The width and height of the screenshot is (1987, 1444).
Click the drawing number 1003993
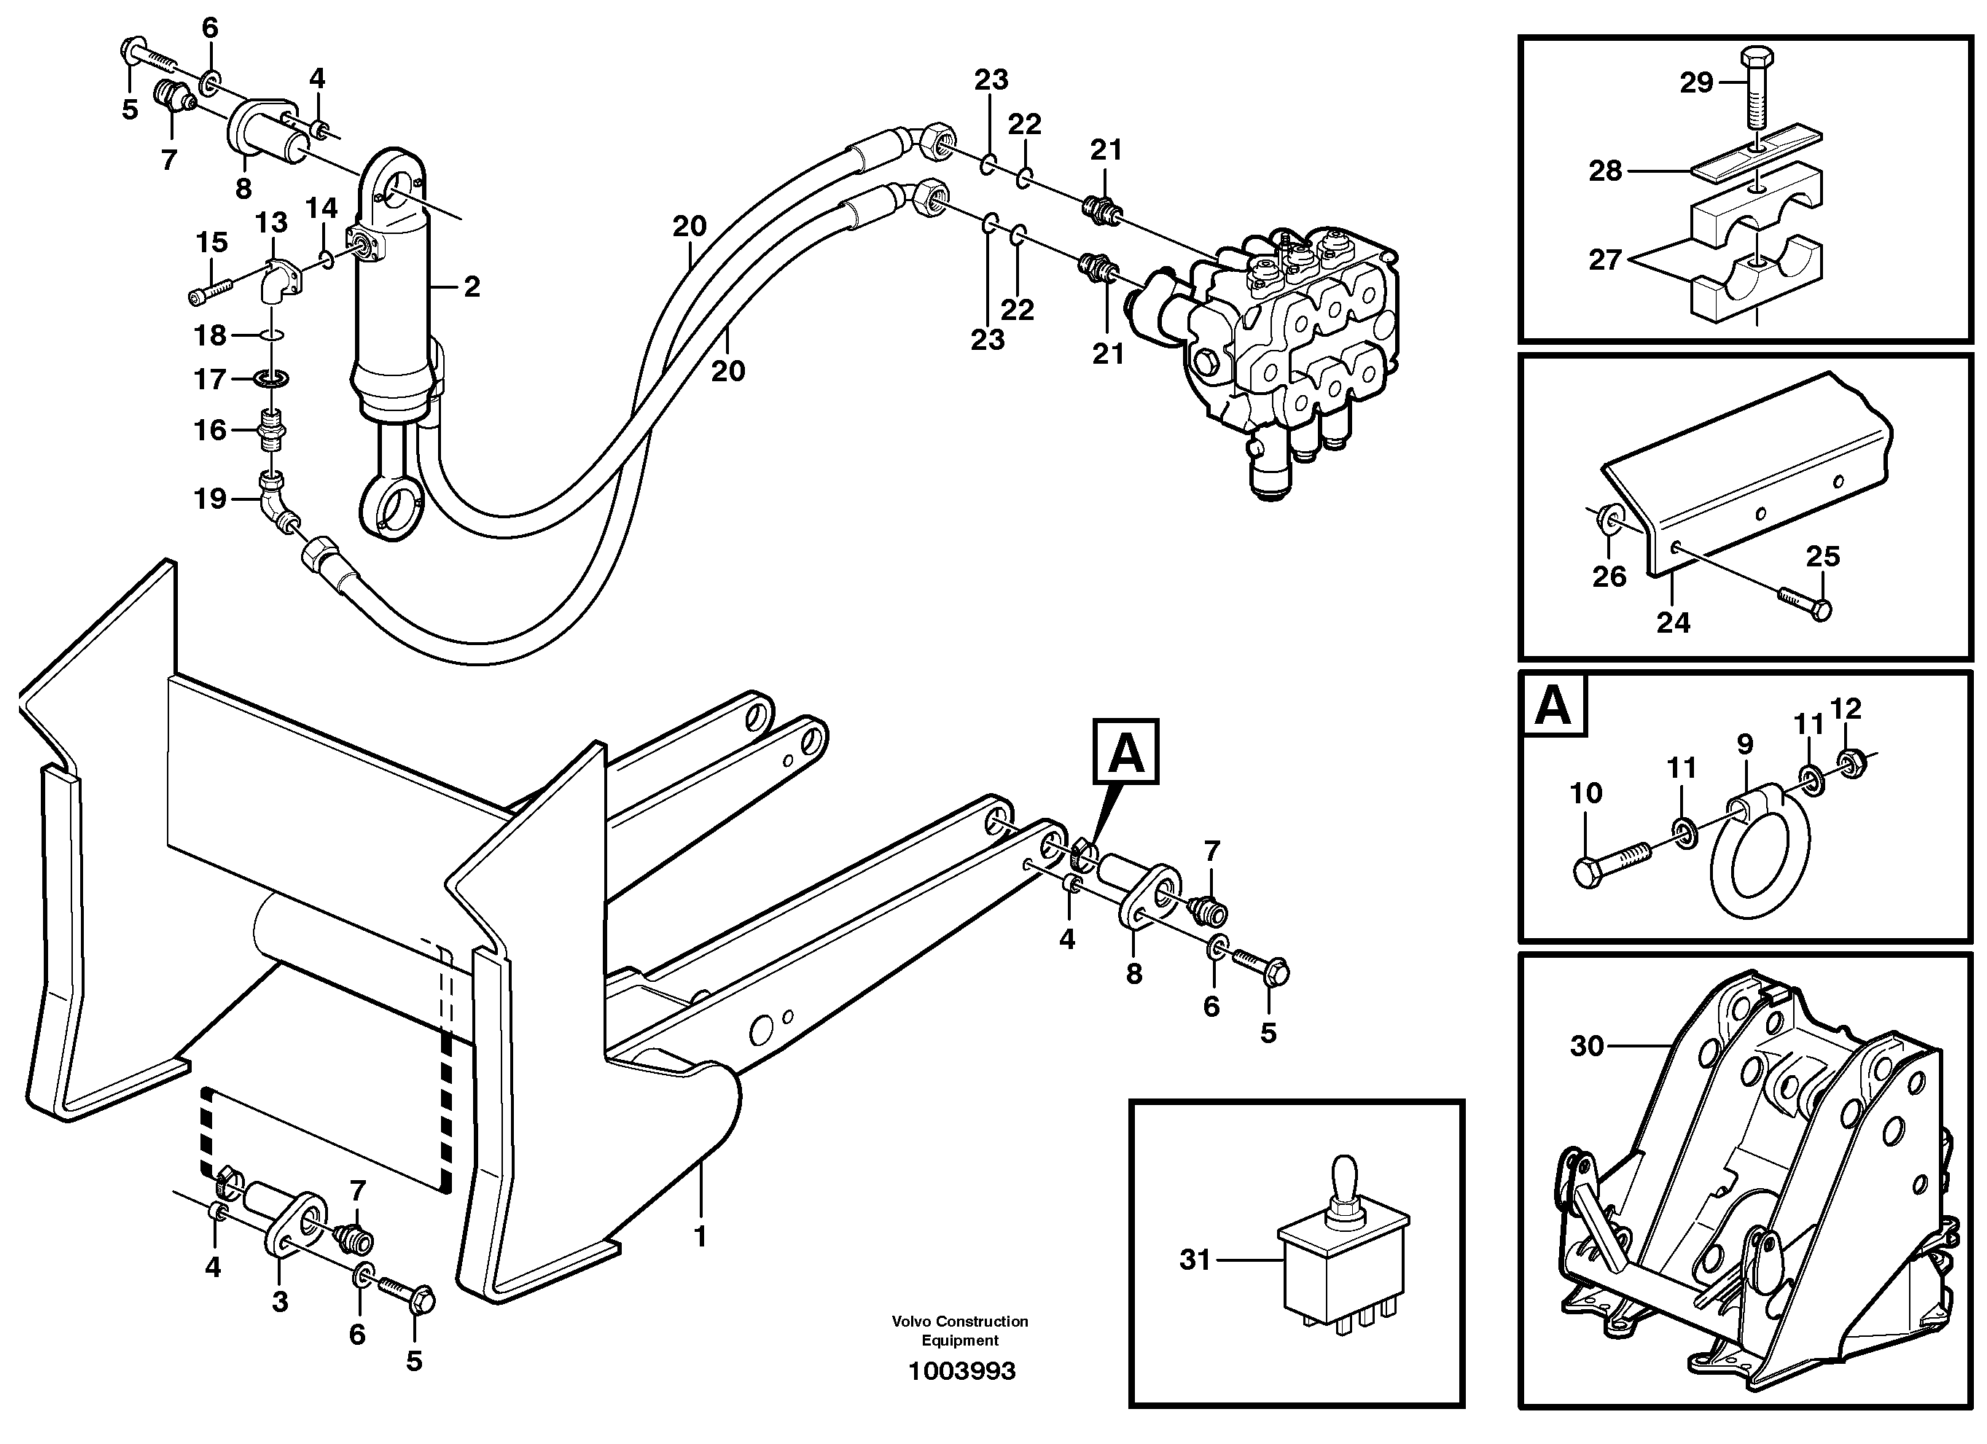(961, 1371)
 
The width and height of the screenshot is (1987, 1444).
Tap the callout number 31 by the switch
(1194, 1260)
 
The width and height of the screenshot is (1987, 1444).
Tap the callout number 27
(1605, 259)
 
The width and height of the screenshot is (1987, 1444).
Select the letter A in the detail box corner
(1554, 706)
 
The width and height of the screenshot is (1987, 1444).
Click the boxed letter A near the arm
(1125, 752)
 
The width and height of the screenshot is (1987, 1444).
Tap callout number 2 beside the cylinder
(472, 286)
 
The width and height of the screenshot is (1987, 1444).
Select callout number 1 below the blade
(699, 1236)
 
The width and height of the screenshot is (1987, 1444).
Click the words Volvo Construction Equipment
(959, 1331)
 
